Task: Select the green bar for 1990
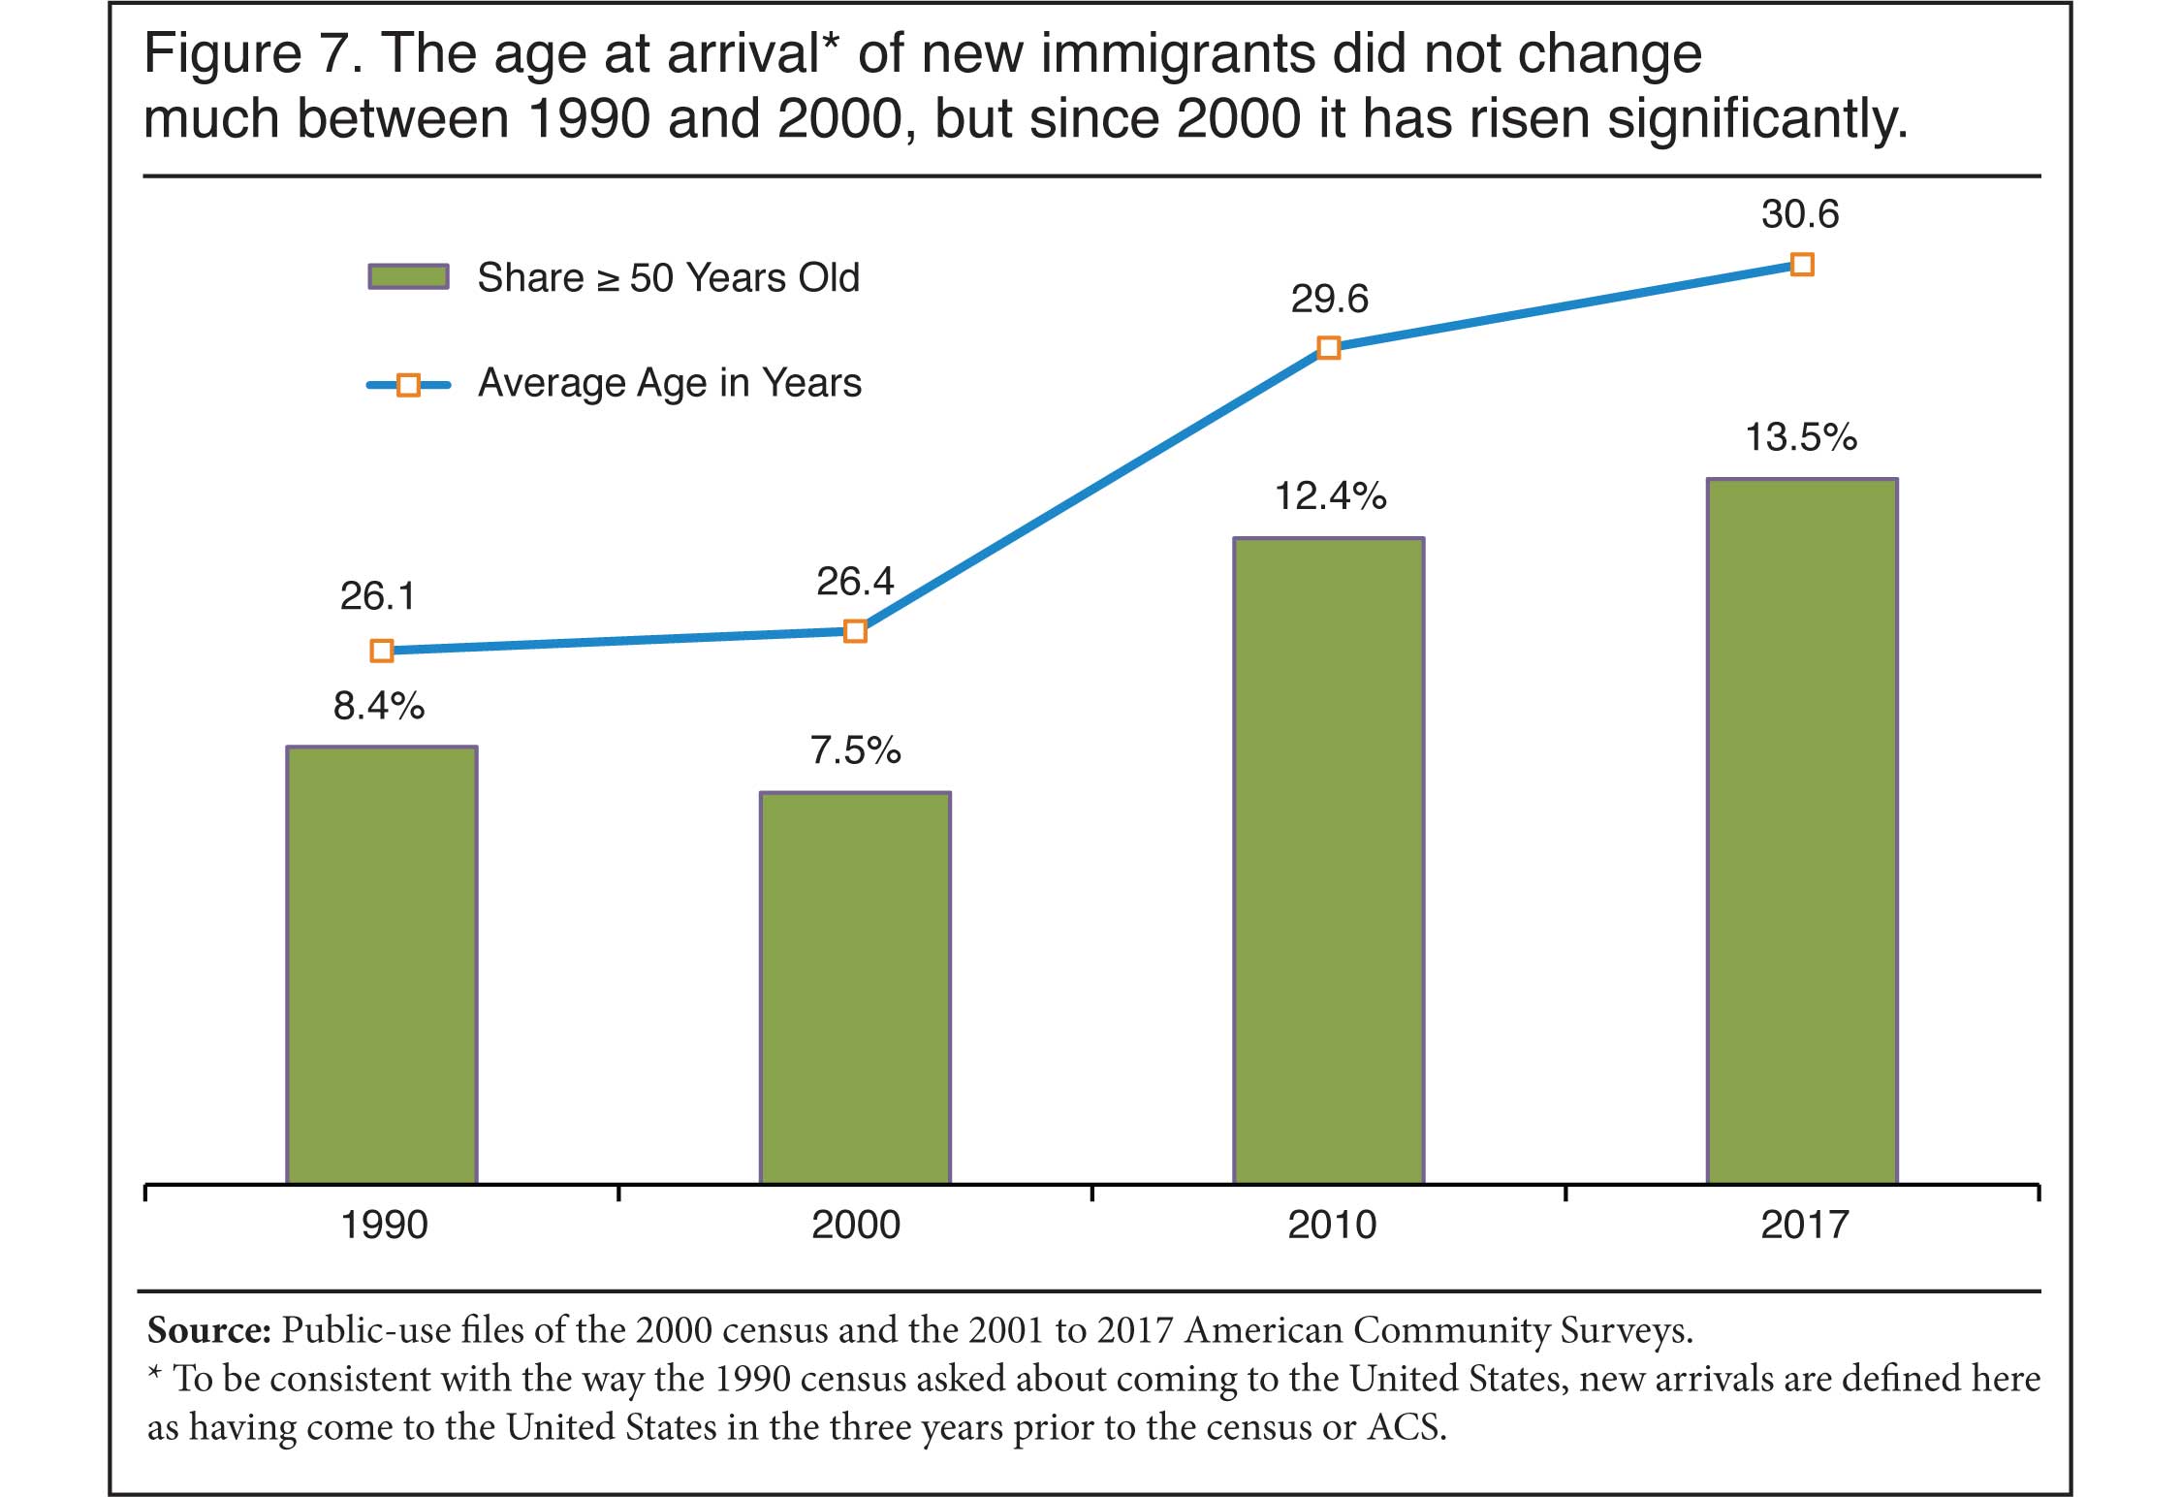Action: pos(382,964)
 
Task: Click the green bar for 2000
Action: pos(855,987)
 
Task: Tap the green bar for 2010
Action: pos(1328,860)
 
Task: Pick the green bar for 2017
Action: pos(1802,830)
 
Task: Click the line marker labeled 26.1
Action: pos(382,651)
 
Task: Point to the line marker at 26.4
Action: pos(855,631)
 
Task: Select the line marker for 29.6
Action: pos(1329,348)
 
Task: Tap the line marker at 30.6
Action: pos(1802,265)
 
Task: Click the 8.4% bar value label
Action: pos(379,707)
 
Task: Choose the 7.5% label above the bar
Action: pos(856,751)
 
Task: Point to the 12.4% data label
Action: pos(1330,497)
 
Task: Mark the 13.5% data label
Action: pos(1801,438)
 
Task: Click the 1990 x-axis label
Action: pos(384,1226)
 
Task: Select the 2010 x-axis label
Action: pos(1331,1226)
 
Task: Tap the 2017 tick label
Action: pos(1804,1226)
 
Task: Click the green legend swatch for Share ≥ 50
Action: pos(408,277)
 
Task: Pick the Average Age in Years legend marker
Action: pos(408,385)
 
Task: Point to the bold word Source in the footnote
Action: pos(208,1330)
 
